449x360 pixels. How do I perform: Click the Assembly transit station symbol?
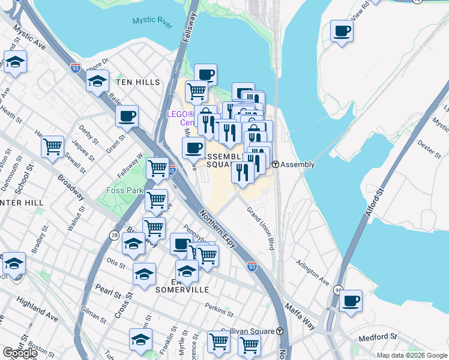tap(275, 164)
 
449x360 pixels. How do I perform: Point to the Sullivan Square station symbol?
tap(279, 331)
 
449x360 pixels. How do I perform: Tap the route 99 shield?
tap(339, 289)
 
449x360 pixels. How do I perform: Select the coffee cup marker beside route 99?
tap(351, 300)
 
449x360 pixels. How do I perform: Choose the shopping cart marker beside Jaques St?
tap(53, 146)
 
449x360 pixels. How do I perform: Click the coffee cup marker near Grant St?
tap(127, 116)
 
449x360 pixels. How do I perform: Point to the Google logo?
tap(20, 353)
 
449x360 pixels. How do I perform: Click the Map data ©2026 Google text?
tap(411, 355)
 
